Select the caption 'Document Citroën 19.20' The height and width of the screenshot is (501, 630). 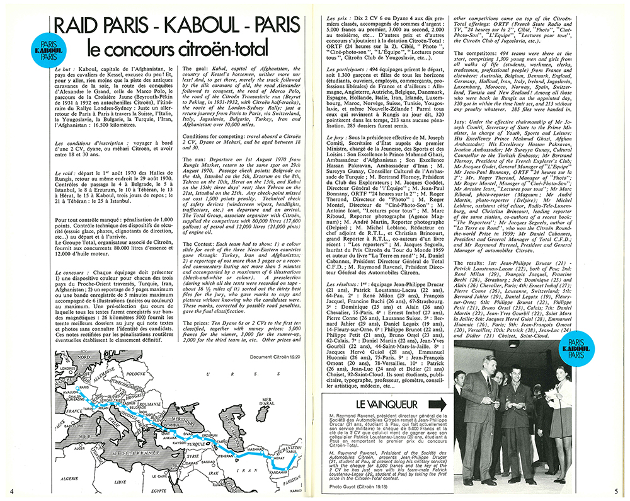click(271, 357)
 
